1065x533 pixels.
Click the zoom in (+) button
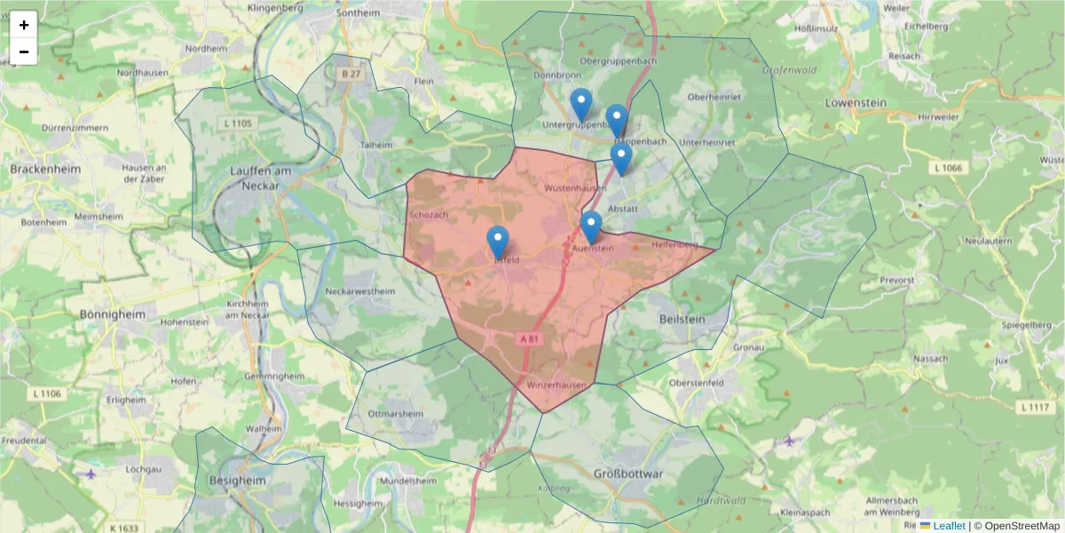point(23,24)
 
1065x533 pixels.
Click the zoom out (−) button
point(23,52)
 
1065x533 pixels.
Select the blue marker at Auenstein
point(591,227)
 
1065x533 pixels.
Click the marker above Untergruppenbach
point(580,104)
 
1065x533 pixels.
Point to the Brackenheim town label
point(44,168)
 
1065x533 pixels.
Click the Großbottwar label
point(627,473)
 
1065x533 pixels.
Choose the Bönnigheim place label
point(112,314)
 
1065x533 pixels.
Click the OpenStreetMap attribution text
point(1017,526)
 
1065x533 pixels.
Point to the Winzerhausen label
point(556,386)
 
